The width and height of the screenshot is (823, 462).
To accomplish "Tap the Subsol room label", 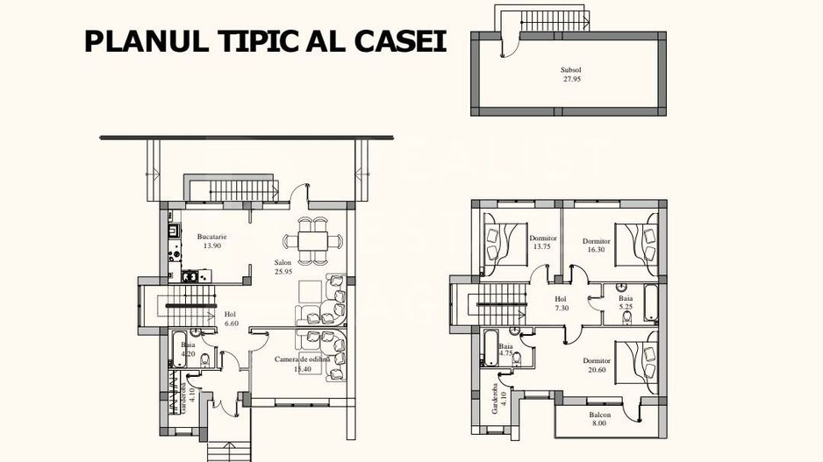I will [x=572, y=69].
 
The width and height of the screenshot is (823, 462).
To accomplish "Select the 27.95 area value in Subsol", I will [x=572, y=79].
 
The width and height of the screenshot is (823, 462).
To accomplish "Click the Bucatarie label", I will [x=211, y=237].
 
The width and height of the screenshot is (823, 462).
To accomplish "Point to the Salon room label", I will [x=283, y=262].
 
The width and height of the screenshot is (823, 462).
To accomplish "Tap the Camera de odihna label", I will [x=302, y=360].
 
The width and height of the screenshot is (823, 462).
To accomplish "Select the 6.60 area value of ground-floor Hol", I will [x=232, y=323].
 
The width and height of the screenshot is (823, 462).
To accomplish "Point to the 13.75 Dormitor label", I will [x=543, y=238].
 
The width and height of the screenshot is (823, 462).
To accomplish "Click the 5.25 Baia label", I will [x=626, y=298].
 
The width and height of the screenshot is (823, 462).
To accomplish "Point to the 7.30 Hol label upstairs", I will [x=562, y=298].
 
